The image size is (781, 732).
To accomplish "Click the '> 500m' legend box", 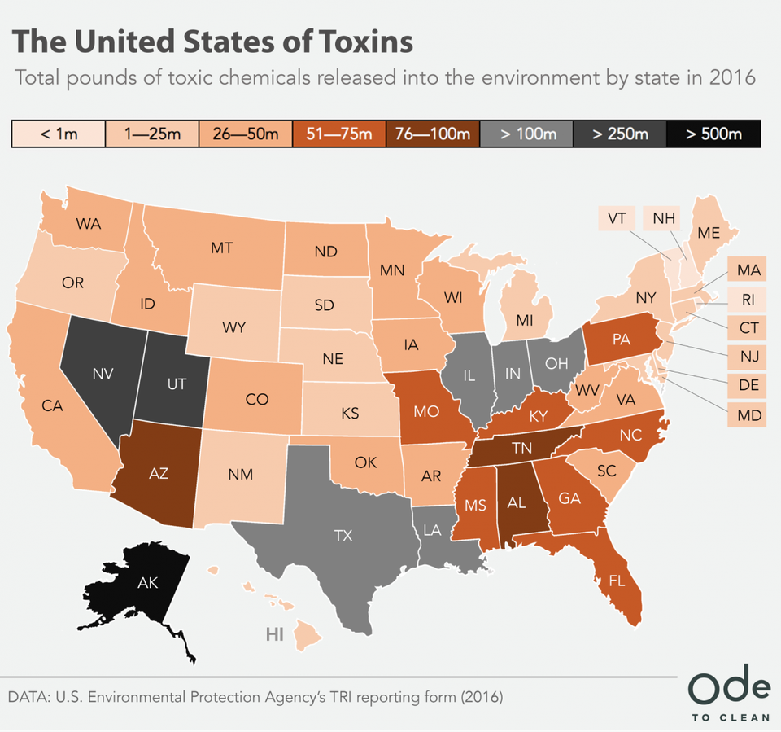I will (x=713, y=134).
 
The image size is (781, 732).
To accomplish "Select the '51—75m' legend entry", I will (x=339, y=134).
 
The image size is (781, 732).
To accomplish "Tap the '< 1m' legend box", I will (x=59, y=134).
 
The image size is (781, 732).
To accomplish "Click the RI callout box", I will (x=748, y=300).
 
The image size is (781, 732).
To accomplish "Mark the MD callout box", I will (x=747, y=415).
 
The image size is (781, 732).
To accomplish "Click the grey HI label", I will (x=274, y=634).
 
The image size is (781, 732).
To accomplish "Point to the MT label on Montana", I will (x=222, y=248).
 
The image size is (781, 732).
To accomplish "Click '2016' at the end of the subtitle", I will (x=732, y=79).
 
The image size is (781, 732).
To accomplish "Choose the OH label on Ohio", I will (x=556, y=363).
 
